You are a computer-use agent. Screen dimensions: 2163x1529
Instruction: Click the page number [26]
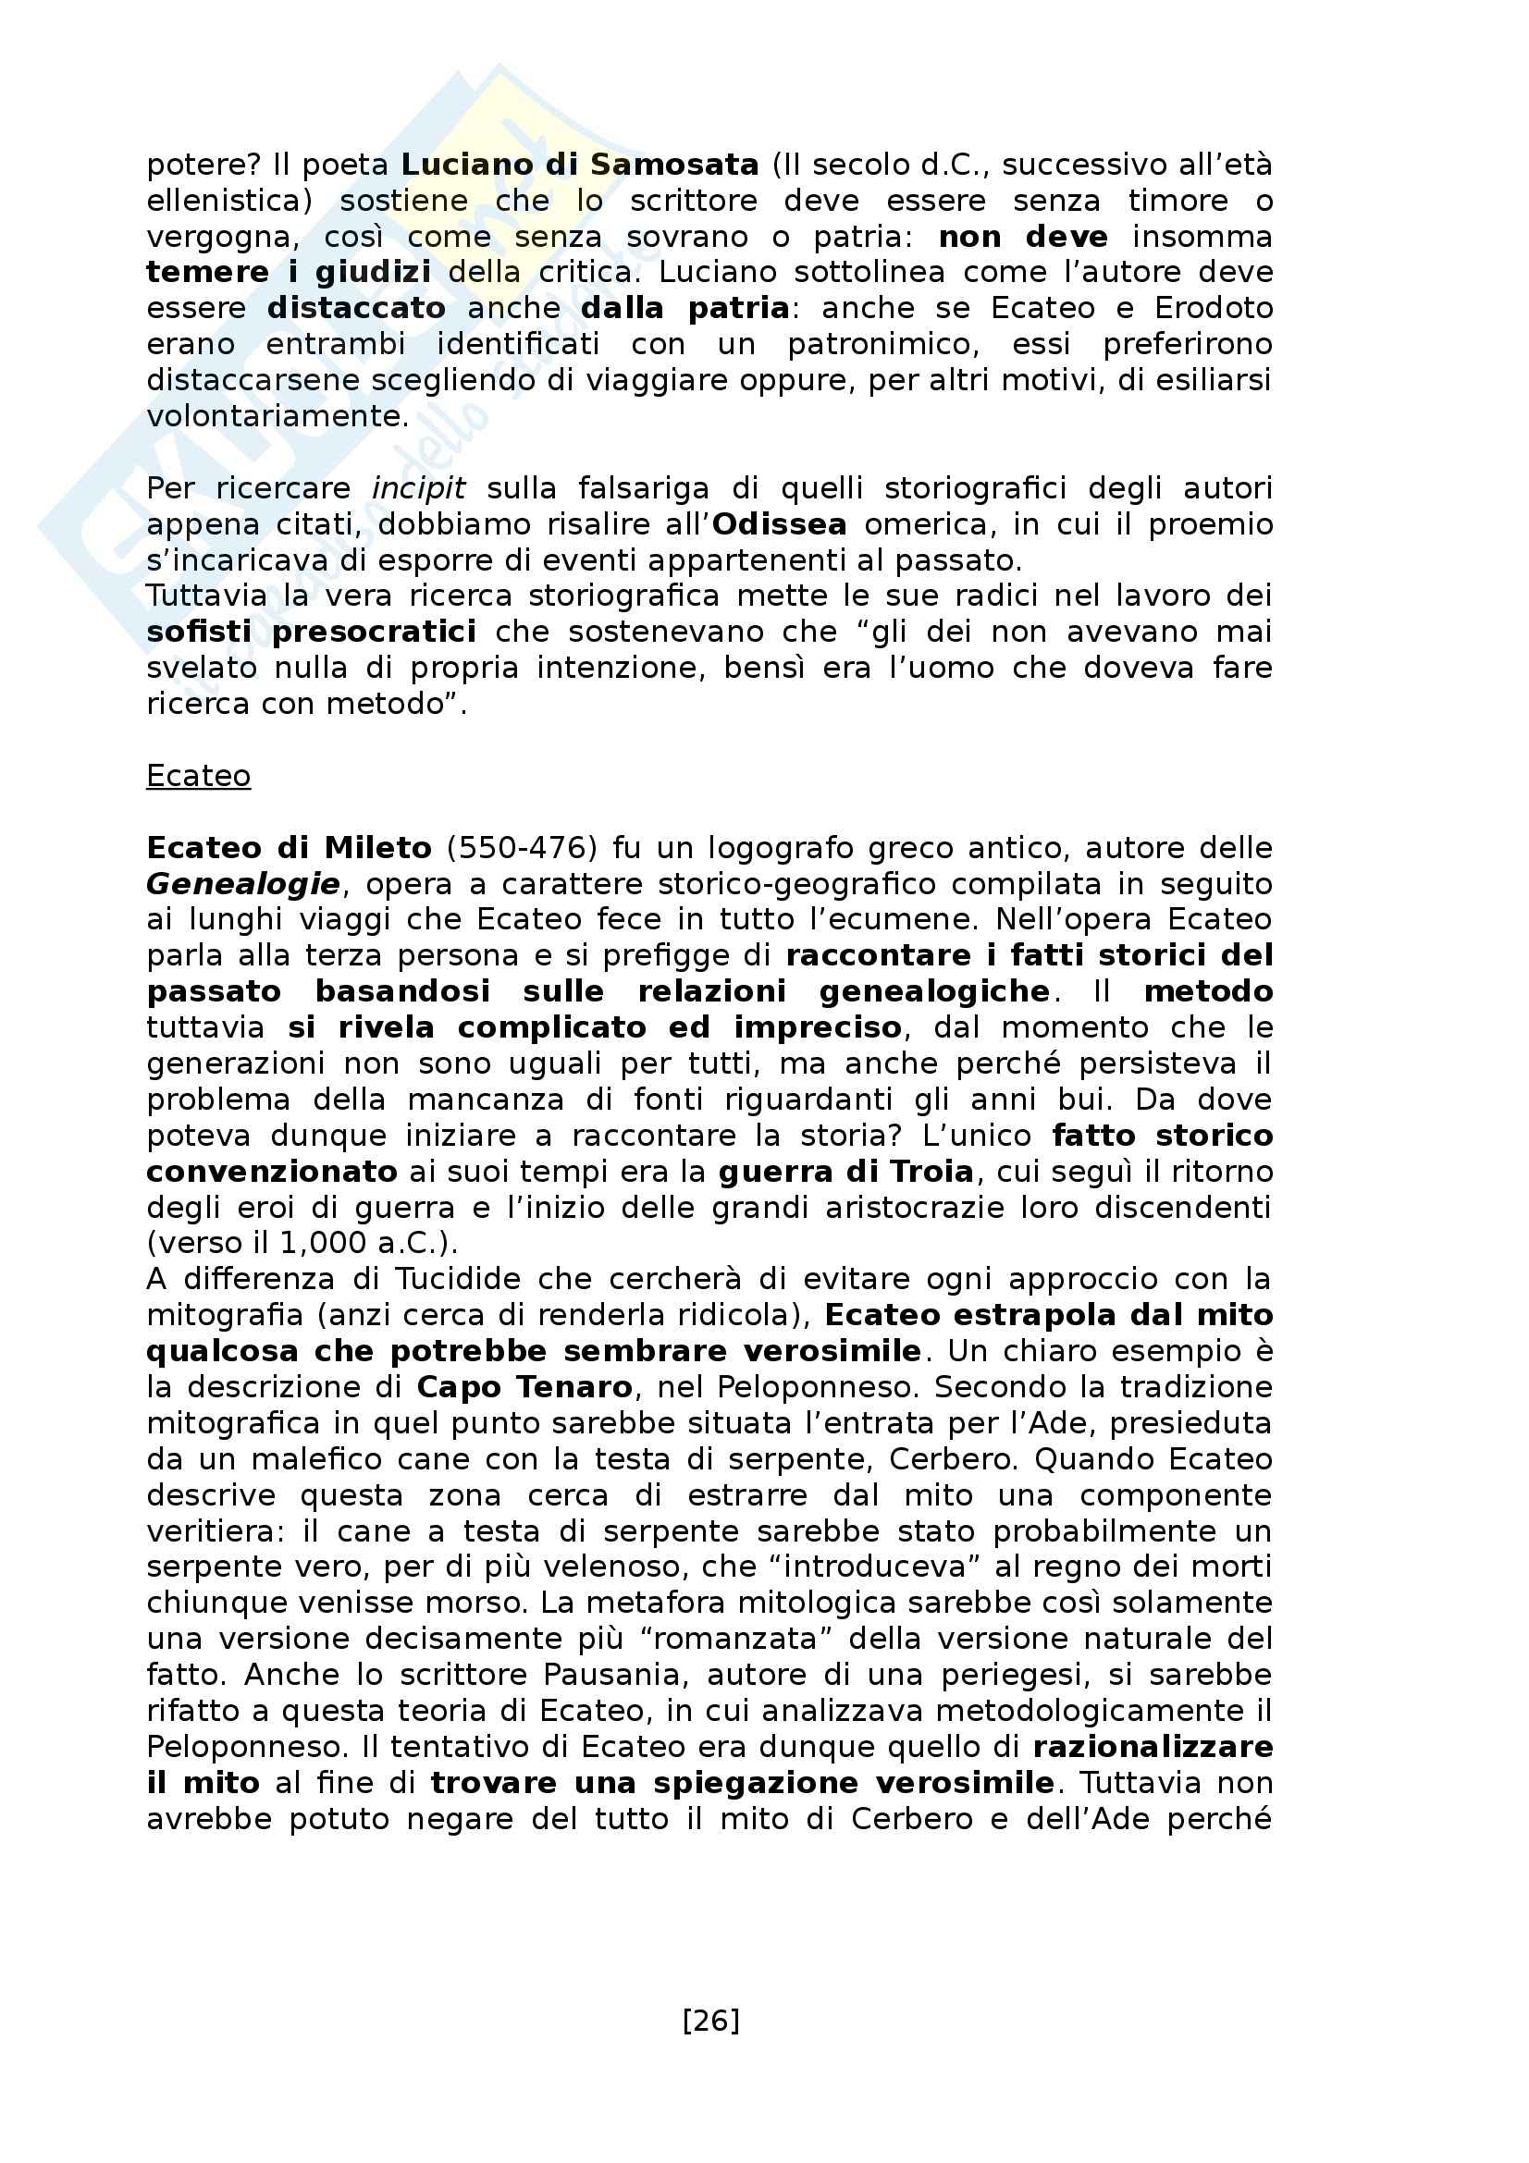[710, 2021]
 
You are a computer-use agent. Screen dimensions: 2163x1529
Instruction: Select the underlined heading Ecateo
[199, 775]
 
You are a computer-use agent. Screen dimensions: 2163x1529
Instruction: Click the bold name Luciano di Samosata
[579, 165]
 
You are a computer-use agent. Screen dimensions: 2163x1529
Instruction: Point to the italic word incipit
[418, 488]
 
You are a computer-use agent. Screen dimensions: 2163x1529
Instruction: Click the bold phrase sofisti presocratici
[311, 632]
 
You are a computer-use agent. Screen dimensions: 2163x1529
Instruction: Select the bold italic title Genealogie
[243, 884]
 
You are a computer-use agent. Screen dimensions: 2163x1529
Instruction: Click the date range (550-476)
[522, 848]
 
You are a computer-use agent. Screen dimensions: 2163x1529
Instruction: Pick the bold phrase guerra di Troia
[845, 1171]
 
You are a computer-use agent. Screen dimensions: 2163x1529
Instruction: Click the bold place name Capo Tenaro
[524, 1387]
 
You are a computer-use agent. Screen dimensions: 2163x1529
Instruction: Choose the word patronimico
[883, 344]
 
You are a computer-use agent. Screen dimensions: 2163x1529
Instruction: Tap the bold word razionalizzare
[1153, 1747]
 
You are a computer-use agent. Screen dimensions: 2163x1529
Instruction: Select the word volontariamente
[277, 415]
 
